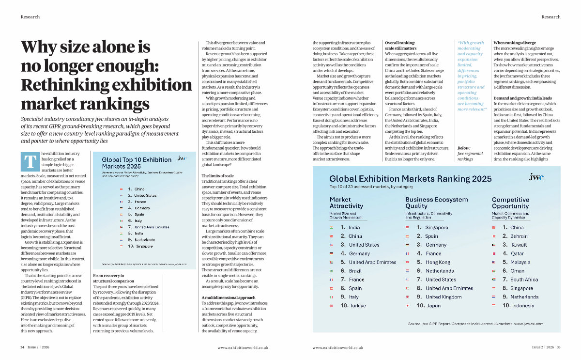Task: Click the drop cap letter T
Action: pos(30,162)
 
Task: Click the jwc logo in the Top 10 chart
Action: pos(182,158)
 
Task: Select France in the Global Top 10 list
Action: pos(140,201)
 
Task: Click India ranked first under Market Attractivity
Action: pos(354,227)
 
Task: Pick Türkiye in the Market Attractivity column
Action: pos(357,306)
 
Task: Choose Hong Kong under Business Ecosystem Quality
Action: pos(438,262)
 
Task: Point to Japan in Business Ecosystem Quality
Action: pos(433,306)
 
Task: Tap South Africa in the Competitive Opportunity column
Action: pos(524,280)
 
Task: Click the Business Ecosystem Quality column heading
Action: pos(437,203)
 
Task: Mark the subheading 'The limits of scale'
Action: pos(217,175)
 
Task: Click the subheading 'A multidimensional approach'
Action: pos(228,297)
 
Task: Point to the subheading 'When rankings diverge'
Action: pos(515,43)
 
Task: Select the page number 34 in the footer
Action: pos(22,347)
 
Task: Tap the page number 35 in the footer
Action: pos(559,347)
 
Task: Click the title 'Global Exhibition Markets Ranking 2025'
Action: pos(410,179)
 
